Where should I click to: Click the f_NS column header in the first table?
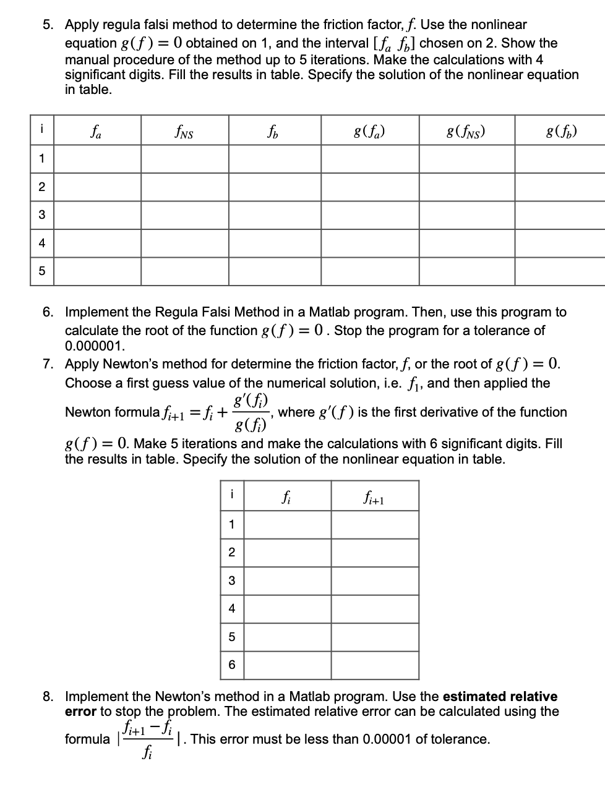click(184, 130)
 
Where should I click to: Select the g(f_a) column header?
click(369, 130)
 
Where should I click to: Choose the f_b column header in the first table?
click(274, 130)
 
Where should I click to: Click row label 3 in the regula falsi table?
click(41, 215)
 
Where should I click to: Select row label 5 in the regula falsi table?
click(41, 271)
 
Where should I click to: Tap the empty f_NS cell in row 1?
click(184, 159)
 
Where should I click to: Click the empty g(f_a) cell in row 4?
click(369, 243)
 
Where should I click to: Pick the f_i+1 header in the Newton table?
click(374, 496)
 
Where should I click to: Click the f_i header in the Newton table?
click(286, 496)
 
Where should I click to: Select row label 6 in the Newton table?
click(232, 665)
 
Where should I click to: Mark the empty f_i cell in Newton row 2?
click(286, 553)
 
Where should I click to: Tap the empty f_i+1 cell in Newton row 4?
click(374, 609)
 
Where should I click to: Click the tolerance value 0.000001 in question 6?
click(90, 346)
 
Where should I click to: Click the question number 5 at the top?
click(48, 25)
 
